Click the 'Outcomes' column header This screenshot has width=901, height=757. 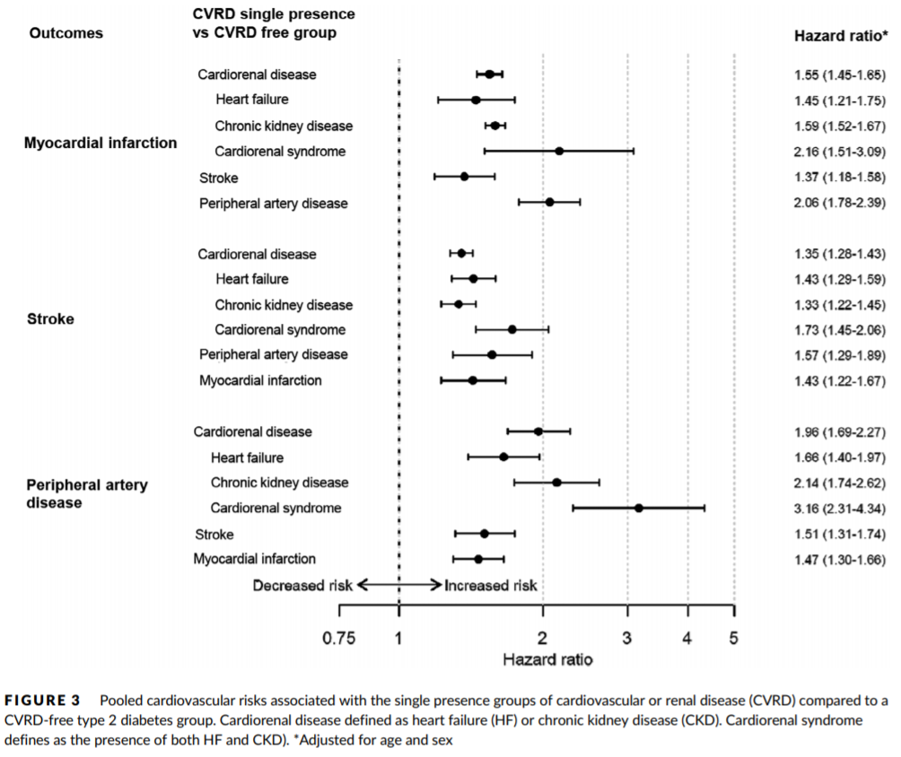pos(66,33)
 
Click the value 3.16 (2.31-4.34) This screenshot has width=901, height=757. pos(834,509)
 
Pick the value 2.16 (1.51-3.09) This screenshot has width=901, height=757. pos(834,152)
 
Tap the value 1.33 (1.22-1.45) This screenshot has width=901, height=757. pos(834,305)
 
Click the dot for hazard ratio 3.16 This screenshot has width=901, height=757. pos(639,508)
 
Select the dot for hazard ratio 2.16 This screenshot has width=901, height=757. pos(559,151)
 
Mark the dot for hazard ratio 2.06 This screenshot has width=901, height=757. pos(549,202)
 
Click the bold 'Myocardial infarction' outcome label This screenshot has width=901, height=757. pos(101,144)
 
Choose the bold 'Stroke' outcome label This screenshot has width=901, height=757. pos(51,318)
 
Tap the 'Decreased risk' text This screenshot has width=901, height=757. pos(302,586)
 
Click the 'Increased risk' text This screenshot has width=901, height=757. pos(491,586)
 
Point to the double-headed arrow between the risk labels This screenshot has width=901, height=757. pos(398,585)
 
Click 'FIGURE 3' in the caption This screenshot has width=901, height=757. pos(42,700)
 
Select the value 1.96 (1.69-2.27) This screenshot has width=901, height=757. pos(834,432)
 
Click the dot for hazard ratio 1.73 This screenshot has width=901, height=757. pos(512,329)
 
